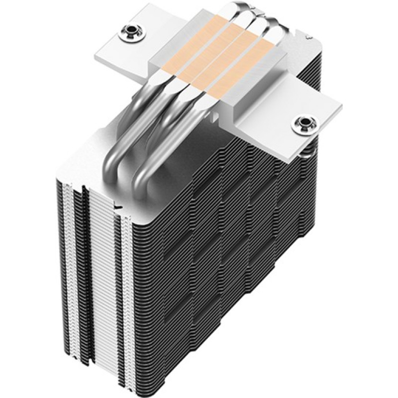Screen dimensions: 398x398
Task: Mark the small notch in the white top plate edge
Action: pyautogui.click(x=118, y=204)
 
